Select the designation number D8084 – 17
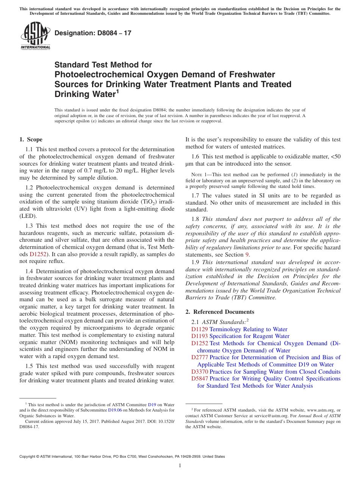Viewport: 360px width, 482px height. (93, 33)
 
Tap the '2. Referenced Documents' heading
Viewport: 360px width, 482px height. (220, 312)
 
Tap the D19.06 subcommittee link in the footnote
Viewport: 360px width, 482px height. (115, 410)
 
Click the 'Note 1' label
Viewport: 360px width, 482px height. (198, 175)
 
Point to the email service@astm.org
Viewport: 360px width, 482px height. (269, 416)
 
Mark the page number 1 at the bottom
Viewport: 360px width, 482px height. (180, 465)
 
